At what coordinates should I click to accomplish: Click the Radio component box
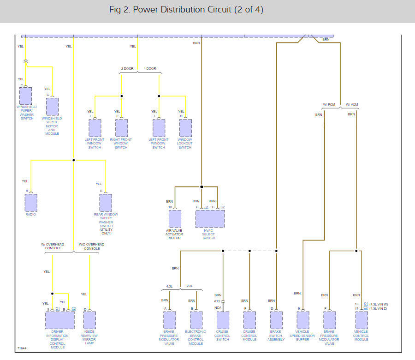(31, 203)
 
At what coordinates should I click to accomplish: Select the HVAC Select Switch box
(210, 218)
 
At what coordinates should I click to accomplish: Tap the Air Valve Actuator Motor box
(175, 219)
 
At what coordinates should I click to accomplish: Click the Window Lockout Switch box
(185, 128)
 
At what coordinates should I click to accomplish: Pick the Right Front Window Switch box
(121, 128)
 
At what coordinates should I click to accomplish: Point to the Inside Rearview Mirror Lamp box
(89, 320)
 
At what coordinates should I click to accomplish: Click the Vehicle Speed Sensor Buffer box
(302, 320)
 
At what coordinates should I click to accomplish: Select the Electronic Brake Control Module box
(196, 320)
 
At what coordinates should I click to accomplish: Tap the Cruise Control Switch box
(223, 320)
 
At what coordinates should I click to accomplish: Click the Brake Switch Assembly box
(276, 320)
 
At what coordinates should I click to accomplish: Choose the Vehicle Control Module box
(361, 320)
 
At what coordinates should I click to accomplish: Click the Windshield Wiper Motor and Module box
(52, 107)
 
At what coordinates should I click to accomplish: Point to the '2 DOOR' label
(127, 69)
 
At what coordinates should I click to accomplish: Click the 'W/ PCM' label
(329, 104)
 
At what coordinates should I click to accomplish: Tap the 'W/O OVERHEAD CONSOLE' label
(92, 246)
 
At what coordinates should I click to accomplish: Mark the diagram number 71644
(22, 348)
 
